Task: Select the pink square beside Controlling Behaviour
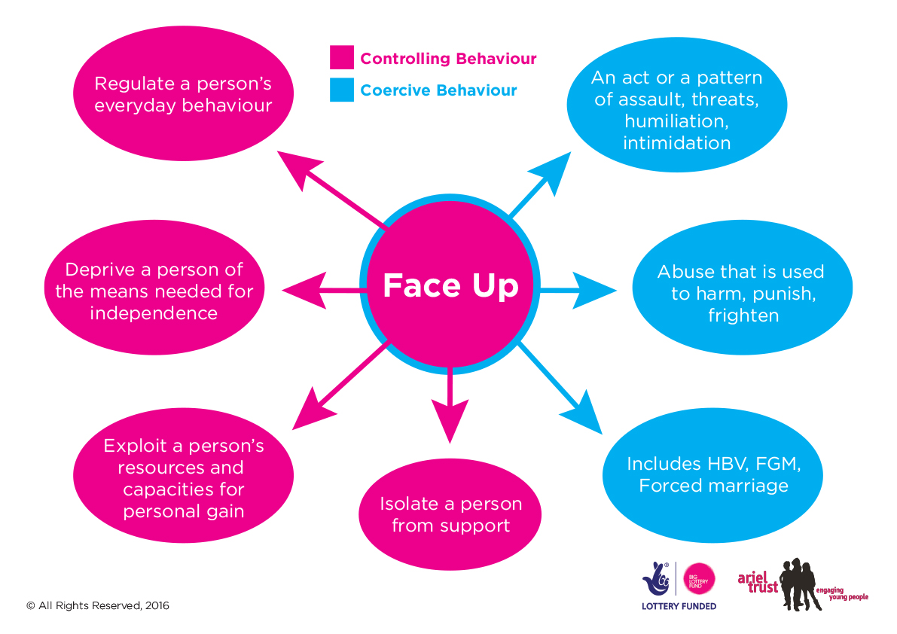coord(341,58)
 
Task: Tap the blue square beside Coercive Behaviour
coord(341,90)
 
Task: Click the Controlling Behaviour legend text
coord(448,59)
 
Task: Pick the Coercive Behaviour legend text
coord(438,91)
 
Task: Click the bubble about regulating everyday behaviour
coord(183,94)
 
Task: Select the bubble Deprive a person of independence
coord(154,291)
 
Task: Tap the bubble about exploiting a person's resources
coord(183,478)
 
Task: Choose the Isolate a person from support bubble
coord(450,514)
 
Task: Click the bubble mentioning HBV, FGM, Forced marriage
coord(712,474)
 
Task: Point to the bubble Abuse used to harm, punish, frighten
coord(742,293)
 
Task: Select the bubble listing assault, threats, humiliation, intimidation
coord(676,109)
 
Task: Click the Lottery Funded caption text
coord(678,606)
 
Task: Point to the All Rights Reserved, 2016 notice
coord(98,605)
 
